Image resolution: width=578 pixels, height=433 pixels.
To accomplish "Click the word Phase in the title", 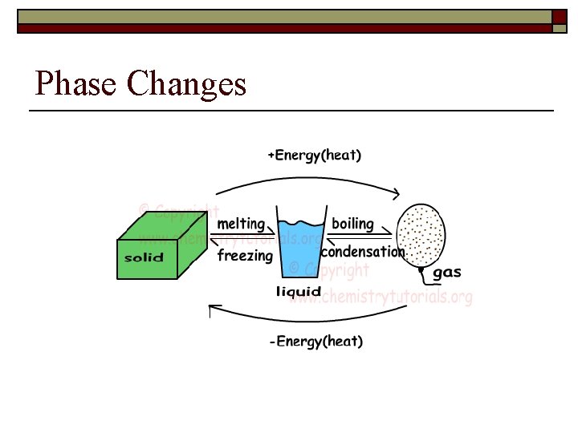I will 75,84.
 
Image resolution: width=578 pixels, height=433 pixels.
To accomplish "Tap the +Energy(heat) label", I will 314,156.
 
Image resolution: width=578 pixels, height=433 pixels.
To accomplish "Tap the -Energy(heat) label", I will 315,342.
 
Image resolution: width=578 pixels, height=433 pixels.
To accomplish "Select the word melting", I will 241,224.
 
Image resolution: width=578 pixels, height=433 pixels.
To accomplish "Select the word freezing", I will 245,257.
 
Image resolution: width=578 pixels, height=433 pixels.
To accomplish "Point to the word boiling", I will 352,224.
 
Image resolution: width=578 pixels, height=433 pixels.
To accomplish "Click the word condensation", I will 362,252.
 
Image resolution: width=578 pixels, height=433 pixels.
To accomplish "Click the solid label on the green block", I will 144,258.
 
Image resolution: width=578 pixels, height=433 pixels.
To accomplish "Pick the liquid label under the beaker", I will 299,292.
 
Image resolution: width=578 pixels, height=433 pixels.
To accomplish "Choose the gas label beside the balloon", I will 447,273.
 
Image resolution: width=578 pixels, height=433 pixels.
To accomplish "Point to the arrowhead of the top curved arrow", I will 396,193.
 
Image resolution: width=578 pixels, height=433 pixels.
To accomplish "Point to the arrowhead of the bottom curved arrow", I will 212,306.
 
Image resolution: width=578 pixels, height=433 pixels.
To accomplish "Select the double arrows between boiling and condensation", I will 359,237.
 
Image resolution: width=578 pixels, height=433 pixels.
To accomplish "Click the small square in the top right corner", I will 560,16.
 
